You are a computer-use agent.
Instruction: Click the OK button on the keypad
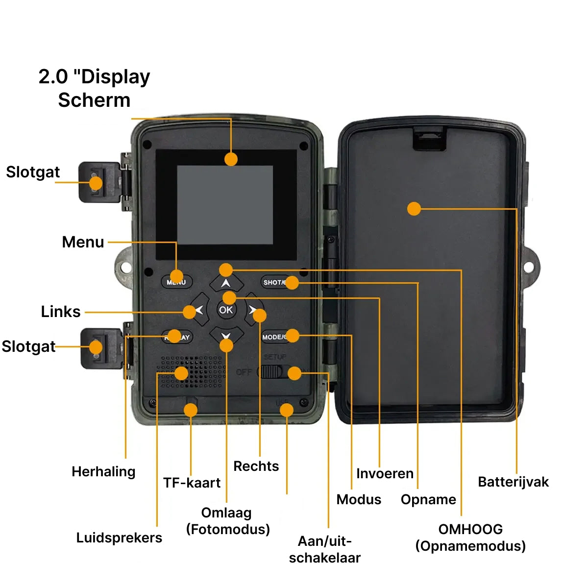[x=226, y=310]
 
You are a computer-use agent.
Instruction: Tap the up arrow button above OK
[x=226, y=283]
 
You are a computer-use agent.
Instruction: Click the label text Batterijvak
[x=513, y=482]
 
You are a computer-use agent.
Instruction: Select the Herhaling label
[x=103, y=471]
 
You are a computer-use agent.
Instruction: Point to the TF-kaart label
[x=192, y=483]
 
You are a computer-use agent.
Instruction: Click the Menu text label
[x=83, y=242]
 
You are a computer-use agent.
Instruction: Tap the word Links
[x=60, y=312]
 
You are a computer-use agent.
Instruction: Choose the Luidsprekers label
[x=119, y=538]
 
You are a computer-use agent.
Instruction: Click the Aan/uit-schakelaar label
[x=324, y=549]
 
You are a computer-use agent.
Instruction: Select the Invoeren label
[x=385, y=473]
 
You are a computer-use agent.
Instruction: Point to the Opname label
[x=428, y=499]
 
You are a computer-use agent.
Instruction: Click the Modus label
[x=359, y=499]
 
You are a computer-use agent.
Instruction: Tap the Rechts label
[x=256, y=466]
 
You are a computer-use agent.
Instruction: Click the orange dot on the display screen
[x=231, y=159]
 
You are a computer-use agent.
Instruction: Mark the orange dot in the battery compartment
[x=414, y=209]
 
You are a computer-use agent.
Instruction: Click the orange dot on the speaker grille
[x=181, y=373]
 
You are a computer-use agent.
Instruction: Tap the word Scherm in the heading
[x=94, y=100]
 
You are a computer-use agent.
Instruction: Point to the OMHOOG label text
[x=470, y=529]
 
